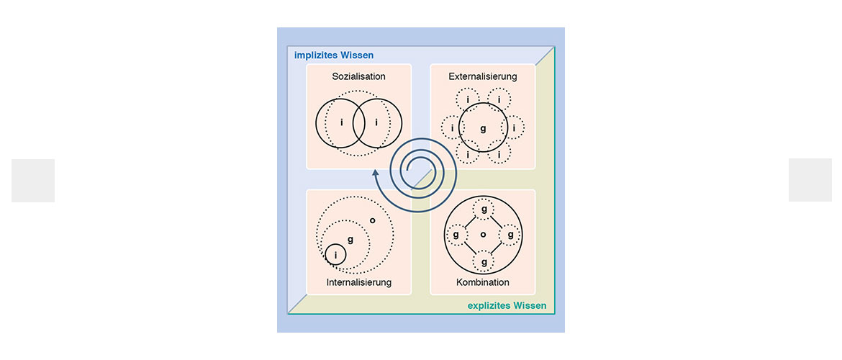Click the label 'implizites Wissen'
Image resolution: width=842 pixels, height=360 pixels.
click(x=334, y=55)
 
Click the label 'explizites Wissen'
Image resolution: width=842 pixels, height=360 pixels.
click(x=507, y=306)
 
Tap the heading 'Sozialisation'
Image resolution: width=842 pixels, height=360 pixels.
click(x=358, y=76)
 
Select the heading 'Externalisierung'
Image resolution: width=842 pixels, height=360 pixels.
click(x=483, y=76)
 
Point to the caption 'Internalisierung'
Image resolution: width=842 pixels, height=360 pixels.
click(x=358, y=282)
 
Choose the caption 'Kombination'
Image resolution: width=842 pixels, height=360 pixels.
click(x=483, y=282)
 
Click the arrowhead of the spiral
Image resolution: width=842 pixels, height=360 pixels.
click(x=376, y=173)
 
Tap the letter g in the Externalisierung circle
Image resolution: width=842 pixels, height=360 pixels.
click(x=483, y=129)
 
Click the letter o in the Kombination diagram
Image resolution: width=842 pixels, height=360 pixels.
click(x=483, y=235)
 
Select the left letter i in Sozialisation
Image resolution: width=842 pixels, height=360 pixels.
click(x=342, y=122)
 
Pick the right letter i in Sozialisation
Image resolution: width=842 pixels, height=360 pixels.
click(x=376, y=122)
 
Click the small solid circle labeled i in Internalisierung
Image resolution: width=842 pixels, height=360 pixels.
click(x=335, y=255)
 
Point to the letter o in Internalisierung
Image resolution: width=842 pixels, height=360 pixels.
click(x=373, y=220)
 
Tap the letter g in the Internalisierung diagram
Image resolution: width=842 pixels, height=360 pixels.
click(x=350, y=239)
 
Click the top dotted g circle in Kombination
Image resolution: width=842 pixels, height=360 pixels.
click(x=484, y=209)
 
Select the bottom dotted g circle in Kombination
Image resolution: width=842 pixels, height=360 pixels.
click(x=484, y=261)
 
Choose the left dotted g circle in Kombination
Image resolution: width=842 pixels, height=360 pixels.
click(x=456, y=235)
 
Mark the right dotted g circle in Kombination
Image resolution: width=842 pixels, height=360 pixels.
click(x=510, y=235)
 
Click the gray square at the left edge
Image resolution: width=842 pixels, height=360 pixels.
click(x=33, y=181)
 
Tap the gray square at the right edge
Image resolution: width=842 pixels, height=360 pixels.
click(x=810, y=180)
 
